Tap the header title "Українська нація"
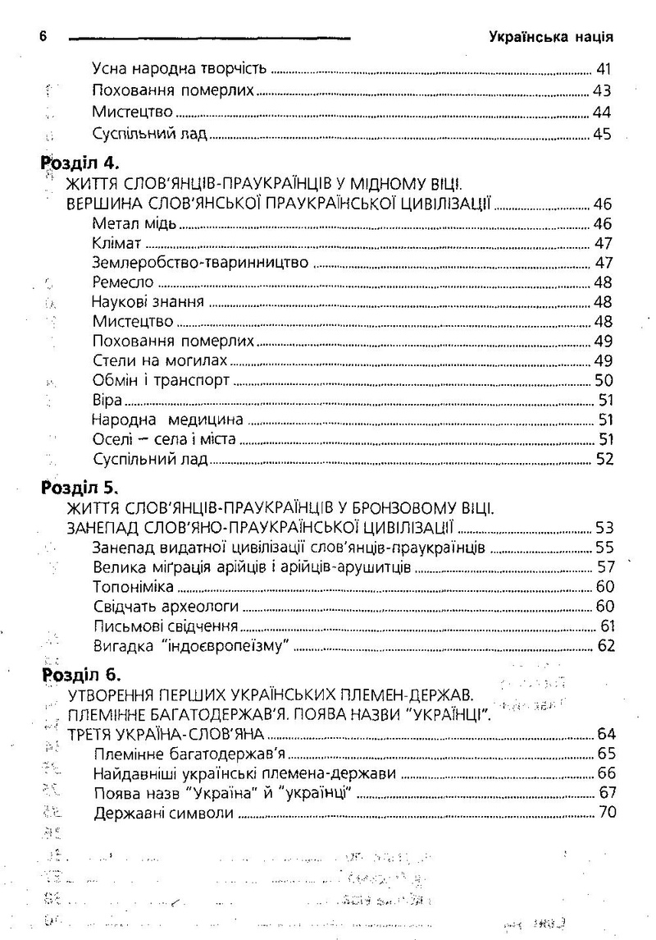[551, 37]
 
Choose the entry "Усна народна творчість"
[180, 68]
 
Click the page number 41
[604, 68]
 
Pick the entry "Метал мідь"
[134, 224]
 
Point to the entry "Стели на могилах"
[160, 361]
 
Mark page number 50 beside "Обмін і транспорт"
[604, 381]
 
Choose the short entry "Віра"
[107, 401]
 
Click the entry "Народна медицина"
[163, 420]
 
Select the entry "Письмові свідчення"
[160, 626]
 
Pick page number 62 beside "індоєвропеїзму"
[606, 646]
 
